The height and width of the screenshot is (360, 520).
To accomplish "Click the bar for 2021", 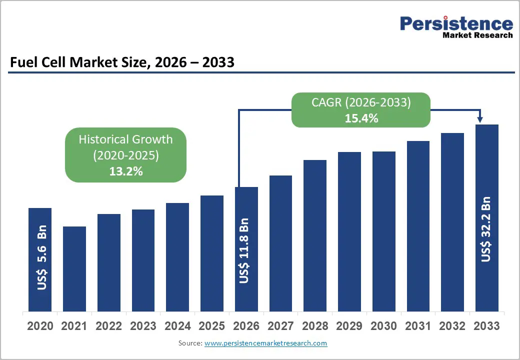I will (x=74, y=268).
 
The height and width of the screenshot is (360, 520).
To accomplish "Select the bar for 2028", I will (x=315, y=235).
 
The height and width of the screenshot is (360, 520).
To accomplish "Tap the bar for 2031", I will (x=418, y=225).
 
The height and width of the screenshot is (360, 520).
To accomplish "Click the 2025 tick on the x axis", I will (x=211, y=326).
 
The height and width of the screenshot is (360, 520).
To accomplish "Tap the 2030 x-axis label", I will (x=383, y=326).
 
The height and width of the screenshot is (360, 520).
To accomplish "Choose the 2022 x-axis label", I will (x=108, y=326).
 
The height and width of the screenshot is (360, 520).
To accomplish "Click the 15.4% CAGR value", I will (x=361, y=118).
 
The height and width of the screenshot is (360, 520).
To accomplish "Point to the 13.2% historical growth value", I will (x=126, y=171).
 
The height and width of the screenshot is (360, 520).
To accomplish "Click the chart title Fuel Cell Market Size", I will (x=122, y=62).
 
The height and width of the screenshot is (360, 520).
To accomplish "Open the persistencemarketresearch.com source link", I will (x=265, y=343).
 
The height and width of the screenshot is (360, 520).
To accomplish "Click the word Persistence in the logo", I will (x=456, y=23).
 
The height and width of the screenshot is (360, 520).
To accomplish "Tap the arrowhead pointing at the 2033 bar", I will (x=480, y=119).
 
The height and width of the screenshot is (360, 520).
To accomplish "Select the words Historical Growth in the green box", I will (x=125, y=139).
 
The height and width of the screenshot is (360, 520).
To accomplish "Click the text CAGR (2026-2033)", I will (x=361, y=102).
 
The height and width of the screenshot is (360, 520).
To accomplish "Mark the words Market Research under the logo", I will (x=477, y=35).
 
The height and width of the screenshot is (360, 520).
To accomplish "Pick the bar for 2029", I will (x=349, y=231).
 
